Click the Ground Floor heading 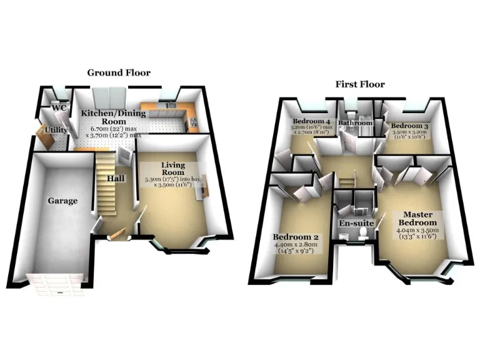(x=119, y=72)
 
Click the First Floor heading (x=359, y=84)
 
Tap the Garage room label (x=63, y=201)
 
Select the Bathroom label (x=356, y=124)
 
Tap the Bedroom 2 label (x=296, y=237)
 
